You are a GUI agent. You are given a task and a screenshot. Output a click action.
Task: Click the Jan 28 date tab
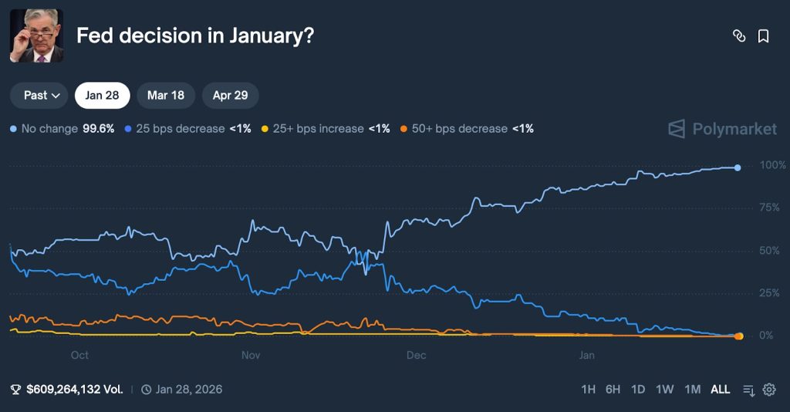pos(102,96)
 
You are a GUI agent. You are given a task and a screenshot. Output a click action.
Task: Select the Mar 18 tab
pos(166,96)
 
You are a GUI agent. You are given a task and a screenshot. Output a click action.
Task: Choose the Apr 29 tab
pos(230,96)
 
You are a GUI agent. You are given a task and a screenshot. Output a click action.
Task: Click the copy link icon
pos(739,36)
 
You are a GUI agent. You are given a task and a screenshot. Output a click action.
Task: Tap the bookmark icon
pos(763,36)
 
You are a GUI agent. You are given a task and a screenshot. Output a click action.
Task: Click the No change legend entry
pos(49,129)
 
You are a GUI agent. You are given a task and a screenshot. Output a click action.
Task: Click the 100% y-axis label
pos(772,165)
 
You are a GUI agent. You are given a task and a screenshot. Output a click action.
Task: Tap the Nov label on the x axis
pos(251,356)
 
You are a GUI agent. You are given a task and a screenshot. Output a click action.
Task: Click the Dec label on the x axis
pos(416,356)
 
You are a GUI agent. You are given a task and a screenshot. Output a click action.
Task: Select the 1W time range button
pos(664,390)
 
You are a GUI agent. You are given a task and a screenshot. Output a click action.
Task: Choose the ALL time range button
pos(720,390)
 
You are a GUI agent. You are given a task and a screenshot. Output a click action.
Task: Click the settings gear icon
pos(769,390)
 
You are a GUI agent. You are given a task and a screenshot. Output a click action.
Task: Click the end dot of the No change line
pos(738,167)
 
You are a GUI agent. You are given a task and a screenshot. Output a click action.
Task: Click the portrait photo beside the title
pos(36,36)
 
